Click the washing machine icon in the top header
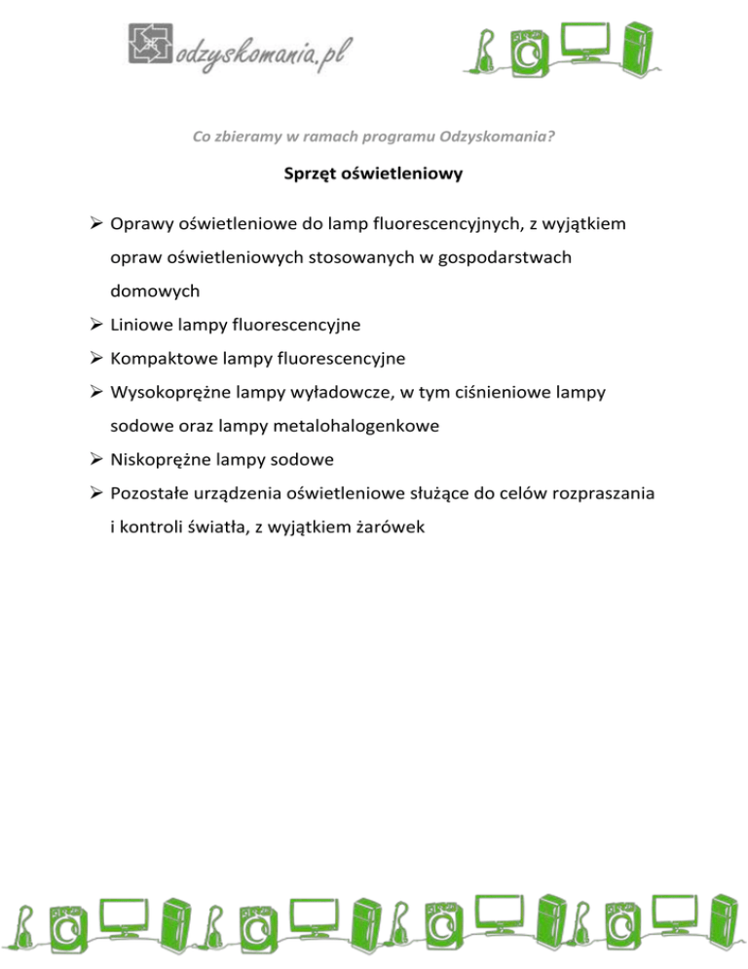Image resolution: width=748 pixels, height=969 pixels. coord(531,51)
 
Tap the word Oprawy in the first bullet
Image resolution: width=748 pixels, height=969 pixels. coord(143,225)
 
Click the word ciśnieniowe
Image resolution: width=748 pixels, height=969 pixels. coord(490,392)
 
